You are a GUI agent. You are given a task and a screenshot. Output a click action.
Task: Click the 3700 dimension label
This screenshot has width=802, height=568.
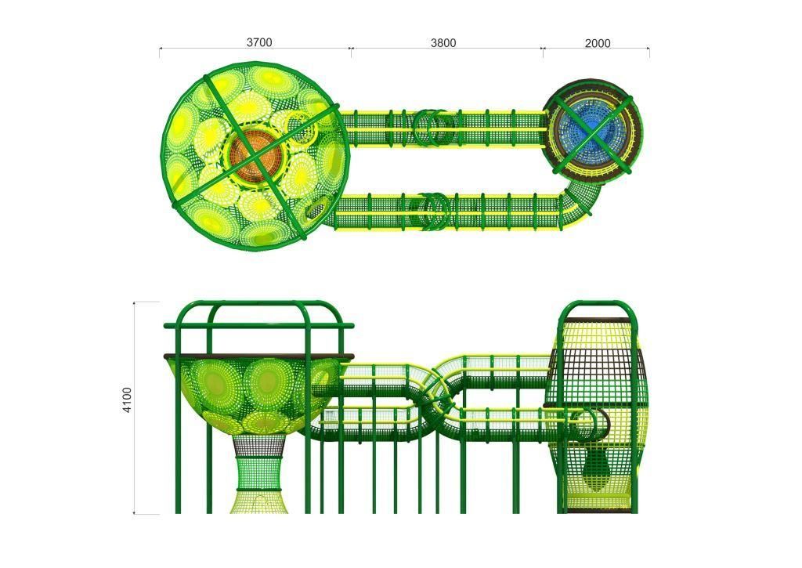coord(259,42)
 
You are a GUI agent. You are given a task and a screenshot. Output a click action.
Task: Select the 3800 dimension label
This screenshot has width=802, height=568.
coord(443,43)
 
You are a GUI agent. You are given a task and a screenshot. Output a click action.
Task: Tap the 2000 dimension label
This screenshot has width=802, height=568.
coord(598,44)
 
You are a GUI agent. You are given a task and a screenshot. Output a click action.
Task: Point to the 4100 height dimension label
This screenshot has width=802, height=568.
coord(127,400)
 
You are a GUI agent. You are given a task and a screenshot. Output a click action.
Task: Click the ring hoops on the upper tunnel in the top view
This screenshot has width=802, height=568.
coord(434,128)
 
